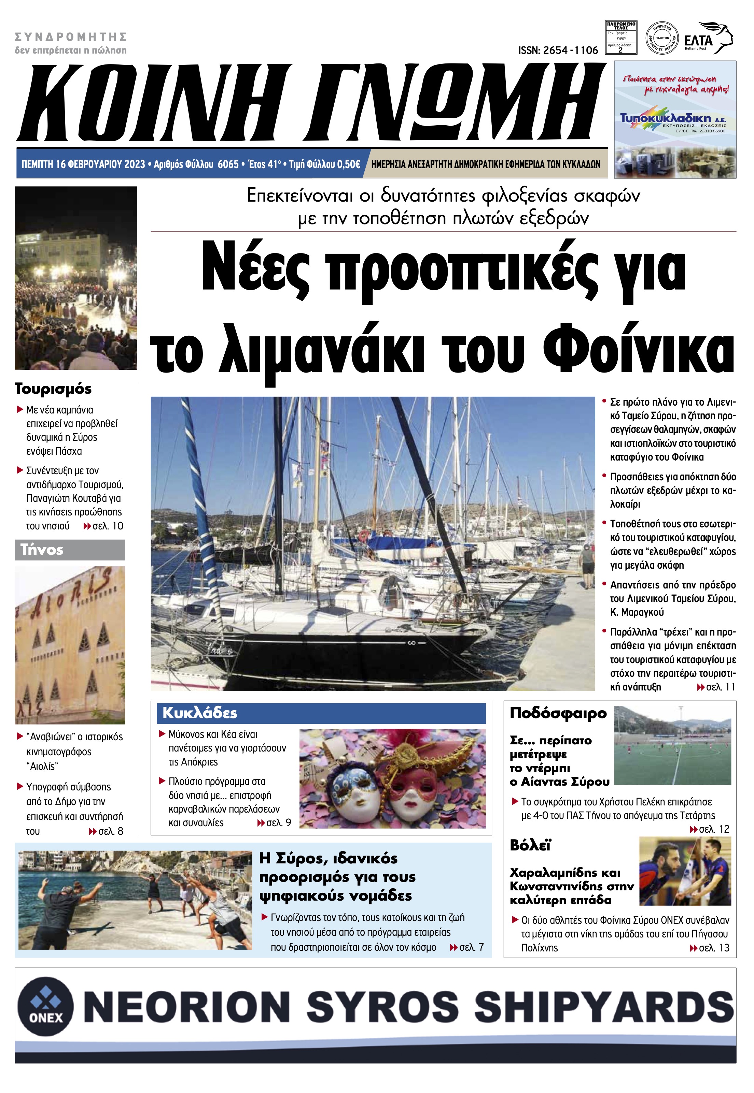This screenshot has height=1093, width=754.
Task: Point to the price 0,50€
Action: click(346, 164)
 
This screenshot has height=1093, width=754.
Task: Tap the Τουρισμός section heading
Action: click(53, 389)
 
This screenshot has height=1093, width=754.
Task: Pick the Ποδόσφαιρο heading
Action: click(558, 713)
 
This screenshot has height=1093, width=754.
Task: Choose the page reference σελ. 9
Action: click(278, 822)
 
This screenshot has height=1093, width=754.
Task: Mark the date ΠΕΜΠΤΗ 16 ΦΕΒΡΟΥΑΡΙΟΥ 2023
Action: click(83, 164)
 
